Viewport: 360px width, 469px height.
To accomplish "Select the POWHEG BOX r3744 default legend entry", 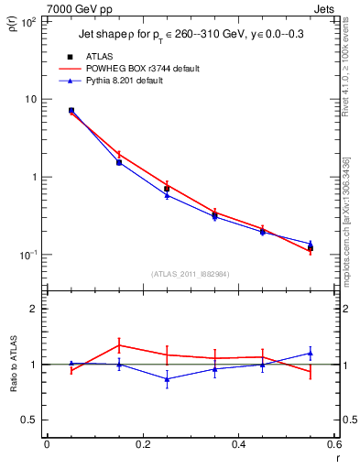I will (x=142, y=69).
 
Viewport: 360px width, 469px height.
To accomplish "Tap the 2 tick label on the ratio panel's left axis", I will (x=34, y=309).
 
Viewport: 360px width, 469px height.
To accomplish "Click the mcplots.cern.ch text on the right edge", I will (x=352, y=229).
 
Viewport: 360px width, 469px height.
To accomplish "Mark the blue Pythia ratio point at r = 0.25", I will (x=167, y=378).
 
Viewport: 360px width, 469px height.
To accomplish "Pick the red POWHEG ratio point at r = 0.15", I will (x=119, y=345).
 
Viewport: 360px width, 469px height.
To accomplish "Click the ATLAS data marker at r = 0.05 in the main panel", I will (x=71, y=110).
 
